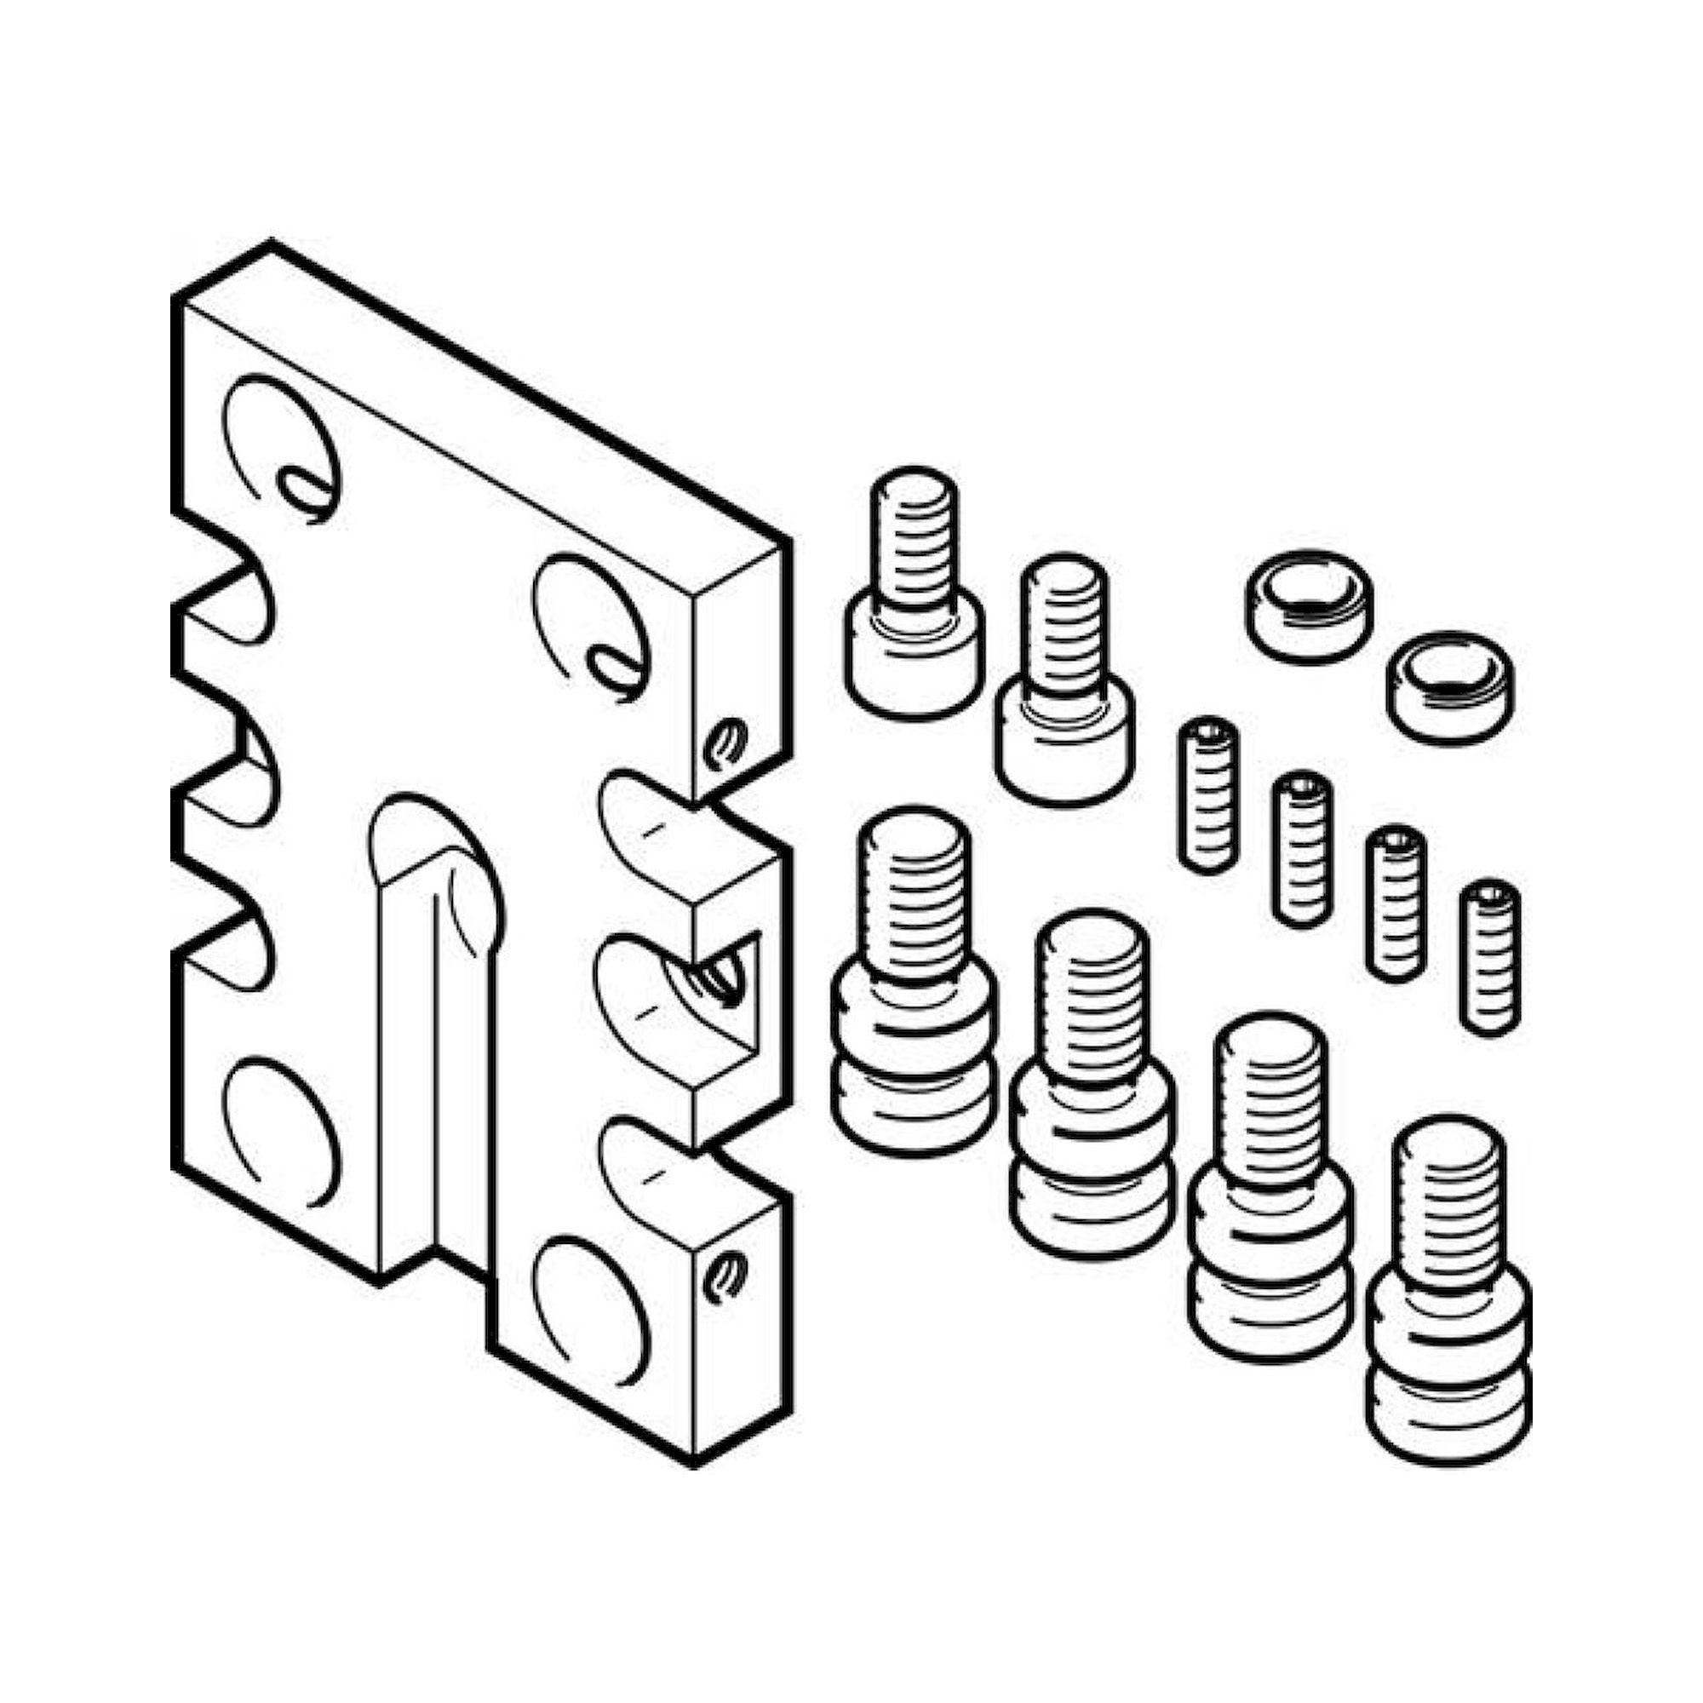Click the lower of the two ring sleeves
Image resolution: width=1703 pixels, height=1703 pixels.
[x=1449, y=686]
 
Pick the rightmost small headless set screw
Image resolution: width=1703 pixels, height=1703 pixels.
[x=1489, y=955]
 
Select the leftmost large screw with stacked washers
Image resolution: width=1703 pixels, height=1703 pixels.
[x=914, y=983]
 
